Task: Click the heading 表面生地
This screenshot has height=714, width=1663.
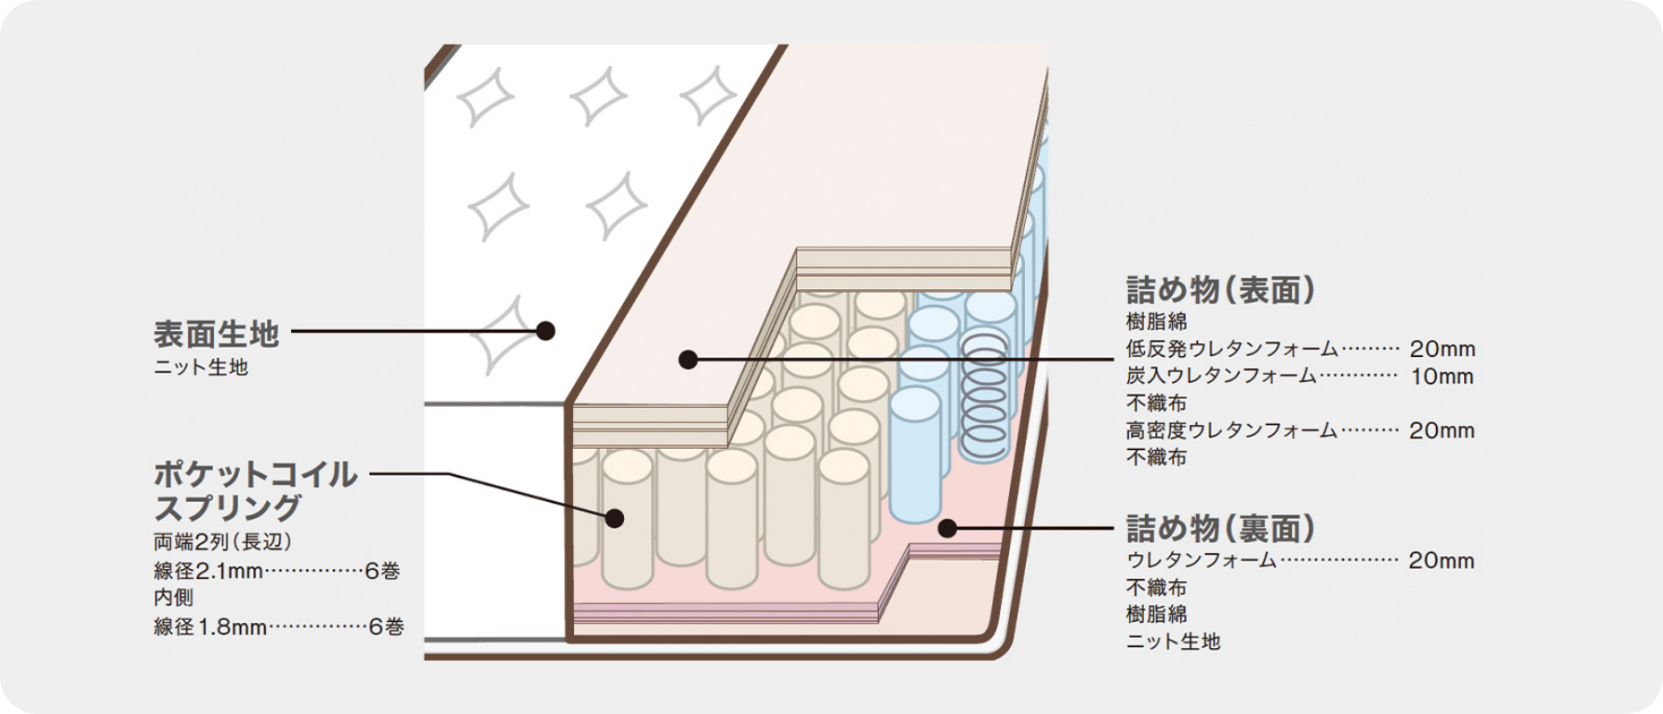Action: click(216, 332)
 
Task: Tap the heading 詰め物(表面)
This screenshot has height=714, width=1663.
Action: click(1220, 290)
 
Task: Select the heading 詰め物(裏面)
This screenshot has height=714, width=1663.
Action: click(1220, 529)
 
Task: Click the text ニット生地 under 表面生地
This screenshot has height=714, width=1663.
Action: click(201, 367)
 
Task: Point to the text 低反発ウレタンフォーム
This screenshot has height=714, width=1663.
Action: click(1231, 350)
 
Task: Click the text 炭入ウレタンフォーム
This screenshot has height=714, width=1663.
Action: click(1221, 377)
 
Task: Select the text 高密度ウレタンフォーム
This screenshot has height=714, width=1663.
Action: click(1231, 430)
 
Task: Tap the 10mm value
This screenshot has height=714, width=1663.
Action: click(1442, 377)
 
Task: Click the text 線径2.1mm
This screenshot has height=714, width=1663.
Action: click(208, 571)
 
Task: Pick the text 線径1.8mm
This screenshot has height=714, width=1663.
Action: click(210, 627)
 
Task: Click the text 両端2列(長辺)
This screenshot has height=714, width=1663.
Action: click(223, 542)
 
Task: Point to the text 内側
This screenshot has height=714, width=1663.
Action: click(174, 598)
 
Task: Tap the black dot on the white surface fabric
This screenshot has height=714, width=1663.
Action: click(546, 331)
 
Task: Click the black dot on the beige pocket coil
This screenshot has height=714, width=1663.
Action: click(614, 518)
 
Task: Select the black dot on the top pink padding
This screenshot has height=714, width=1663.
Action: click(688, 359)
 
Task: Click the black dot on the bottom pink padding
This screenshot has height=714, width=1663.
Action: click(947, 529)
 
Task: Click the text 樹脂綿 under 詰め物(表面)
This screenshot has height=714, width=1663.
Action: click(1157, 323)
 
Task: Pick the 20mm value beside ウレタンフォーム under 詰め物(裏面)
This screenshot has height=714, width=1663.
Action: click(1441, 561)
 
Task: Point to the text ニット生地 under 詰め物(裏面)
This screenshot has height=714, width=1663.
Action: click(1173, 641)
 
